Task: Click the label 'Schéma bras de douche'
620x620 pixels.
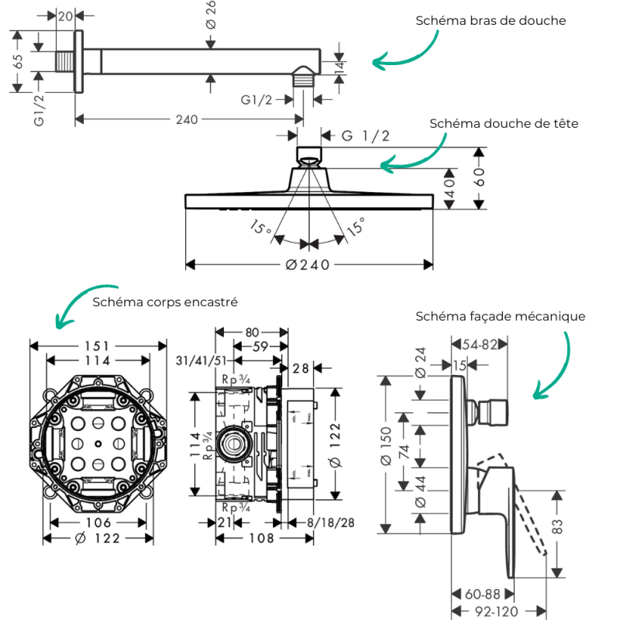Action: (491, 20)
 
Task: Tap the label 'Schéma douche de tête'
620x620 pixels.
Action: (504, 123)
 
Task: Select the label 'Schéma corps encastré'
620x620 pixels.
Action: (164, 301)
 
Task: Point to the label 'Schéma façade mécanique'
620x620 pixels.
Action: (500, 316)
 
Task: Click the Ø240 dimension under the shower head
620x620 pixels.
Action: (308, 265)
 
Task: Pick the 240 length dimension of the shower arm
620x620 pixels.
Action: (187, 119)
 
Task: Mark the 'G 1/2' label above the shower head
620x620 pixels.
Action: (366, 136)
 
